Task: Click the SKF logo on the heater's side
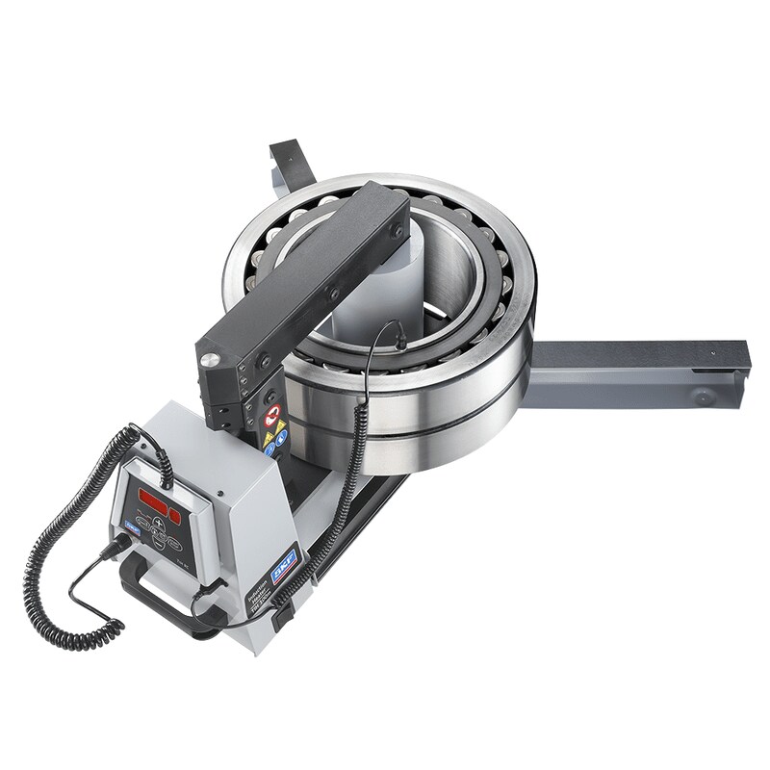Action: point(287,568)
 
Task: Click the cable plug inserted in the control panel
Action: point(122,546)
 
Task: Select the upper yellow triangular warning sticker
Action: point(270,438)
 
